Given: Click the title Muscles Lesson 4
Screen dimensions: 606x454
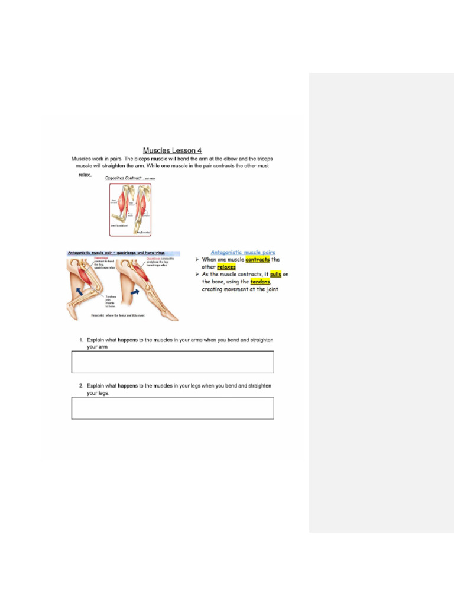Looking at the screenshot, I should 172,150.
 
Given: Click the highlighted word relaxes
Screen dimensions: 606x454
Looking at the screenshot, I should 226,267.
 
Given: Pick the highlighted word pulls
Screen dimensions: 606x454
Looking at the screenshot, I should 275,275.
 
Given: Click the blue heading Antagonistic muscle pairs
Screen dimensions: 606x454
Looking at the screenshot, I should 243,252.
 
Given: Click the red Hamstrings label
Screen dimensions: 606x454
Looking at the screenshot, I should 101,258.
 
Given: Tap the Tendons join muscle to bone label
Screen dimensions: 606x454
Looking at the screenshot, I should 111,302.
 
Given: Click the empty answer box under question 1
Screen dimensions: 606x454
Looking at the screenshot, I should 173,362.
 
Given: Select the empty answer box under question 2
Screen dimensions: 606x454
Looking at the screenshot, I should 173,408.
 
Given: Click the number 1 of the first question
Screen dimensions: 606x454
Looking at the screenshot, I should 81,340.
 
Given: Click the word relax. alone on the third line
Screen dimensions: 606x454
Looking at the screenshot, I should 85,175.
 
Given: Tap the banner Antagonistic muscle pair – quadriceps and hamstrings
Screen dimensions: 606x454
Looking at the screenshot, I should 116,253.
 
